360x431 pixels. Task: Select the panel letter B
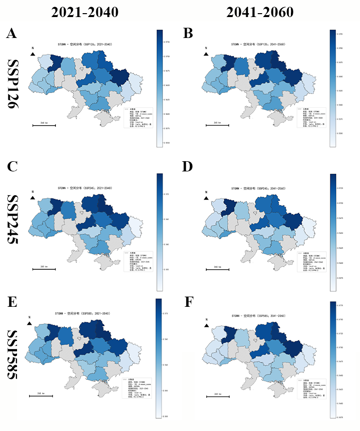188,34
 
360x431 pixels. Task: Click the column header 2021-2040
86,13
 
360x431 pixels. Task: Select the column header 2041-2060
261,13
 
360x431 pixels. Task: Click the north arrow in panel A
33,54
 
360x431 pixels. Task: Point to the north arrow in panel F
207,325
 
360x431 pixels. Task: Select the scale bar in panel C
43,269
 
